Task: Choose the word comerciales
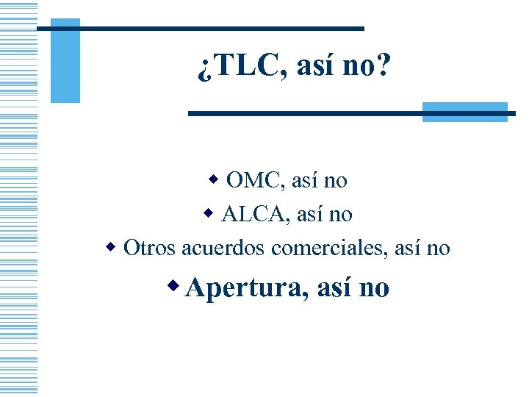click(328, 248)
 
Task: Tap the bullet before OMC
click(214, 179)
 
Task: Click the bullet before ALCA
click(209, 213)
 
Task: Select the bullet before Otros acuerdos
click(111, 247)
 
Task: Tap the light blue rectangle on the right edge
click(465, 112)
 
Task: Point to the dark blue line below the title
click(345, 113)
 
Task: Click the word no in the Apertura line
click(374, 288)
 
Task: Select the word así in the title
click(314, 68)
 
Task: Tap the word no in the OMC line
click(335, 179)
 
